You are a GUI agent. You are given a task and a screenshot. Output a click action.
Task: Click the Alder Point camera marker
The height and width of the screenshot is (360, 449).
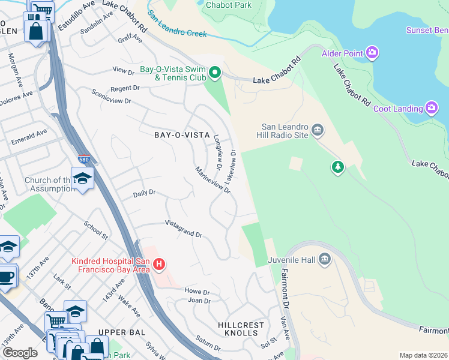(372, 53)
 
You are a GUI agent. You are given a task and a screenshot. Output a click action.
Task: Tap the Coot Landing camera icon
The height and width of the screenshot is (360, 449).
(431, 108)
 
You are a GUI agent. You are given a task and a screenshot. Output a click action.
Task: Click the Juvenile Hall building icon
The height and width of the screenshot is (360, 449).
(325, 259)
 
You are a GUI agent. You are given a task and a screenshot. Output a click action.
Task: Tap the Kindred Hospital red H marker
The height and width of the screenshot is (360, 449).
(158, 263)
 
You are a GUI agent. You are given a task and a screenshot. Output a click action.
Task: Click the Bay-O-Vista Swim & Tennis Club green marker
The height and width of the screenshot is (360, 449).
(215, 74)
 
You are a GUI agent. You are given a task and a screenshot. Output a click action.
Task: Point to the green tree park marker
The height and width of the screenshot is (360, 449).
(338, 166)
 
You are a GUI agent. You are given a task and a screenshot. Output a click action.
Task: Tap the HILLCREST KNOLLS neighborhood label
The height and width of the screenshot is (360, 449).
(244, 329)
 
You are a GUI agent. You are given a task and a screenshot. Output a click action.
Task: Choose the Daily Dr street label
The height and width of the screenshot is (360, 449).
(144, 193)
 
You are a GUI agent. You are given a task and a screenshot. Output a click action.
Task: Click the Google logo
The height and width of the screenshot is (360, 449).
(20, 353)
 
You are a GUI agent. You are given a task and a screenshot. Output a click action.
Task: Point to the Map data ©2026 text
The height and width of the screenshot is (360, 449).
(423, 355)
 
